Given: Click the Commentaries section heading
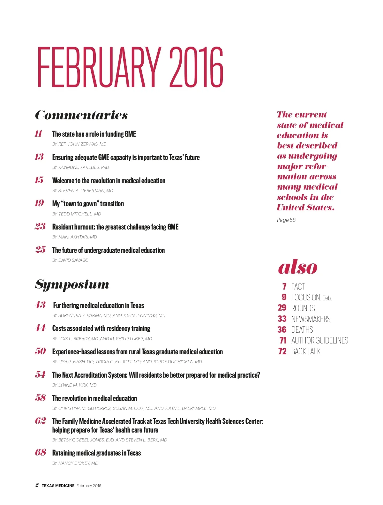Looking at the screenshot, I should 81,115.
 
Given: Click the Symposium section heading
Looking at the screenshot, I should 72,284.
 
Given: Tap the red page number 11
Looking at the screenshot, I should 39,133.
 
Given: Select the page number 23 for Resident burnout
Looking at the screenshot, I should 40,226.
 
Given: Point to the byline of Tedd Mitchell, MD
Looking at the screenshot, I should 77,214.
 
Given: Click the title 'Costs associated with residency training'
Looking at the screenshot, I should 101,328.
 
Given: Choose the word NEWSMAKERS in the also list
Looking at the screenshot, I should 311,319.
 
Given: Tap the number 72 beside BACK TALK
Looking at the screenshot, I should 282,351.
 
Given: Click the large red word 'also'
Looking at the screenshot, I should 297,267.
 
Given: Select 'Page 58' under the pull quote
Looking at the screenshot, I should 286,220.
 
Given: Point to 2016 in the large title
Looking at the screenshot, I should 196,68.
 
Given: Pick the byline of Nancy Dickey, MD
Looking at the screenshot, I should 75,463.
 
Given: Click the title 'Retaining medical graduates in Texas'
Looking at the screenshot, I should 96,453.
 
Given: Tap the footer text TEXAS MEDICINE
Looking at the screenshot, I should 58,486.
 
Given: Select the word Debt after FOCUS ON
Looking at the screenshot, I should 327,298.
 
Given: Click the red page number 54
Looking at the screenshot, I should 40,374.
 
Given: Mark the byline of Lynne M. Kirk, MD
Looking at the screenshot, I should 74,385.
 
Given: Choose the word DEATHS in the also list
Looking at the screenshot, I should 302,330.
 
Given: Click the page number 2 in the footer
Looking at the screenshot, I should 37,485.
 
